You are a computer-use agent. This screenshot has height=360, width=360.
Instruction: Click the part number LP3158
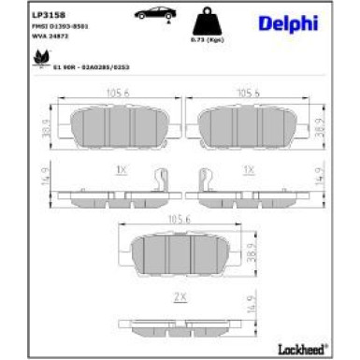(x=47, y=15)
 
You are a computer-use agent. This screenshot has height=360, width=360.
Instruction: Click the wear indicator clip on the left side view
(x=161, y=179)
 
